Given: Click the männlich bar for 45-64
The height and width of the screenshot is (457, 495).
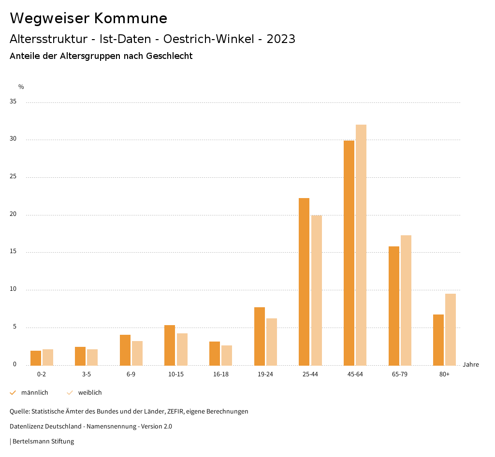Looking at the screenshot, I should (x=349, y=253).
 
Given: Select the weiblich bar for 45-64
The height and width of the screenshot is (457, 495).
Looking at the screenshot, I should (x=361, y=245).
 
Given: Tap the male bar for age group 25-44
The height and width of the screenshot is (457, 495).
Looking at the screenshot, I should (x=304, y=282).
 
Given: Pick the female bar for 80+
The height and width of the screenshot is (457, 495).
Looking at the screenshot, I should (x=451, y=329).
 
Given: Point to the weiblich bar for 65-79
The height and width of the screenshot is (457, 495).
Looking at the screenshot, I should (x=406, y=300).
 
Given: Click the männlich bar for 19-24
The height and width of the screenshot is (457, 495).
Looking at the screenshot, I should (x=260, y=336).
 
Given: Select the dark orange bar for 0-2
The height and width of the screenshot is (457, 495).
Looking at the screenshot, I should (x=36, y=358).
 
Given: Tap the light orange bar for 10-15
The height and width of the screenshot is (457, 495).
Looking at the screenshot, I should (x=182, y=349).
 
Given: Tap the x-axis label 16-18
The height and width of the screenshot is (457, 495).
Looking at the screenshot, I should (x=220, y=374).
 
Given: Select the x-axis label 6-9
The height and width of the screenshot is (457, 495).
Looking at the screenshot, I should (x=131, y=374).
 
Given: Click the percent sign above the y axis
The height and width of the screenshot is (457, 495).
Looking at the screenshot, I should (x=21, y=87).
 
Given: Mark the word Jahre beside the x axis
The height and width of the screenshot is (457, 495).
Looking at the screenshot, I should (x=470, y=365).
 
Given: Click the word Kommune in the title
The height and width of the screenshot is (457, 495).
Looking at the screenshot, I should (x=131, y=18).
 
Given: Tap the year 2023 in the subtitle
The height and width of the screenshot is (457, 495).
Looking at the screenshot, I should (x=281, y=39).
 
